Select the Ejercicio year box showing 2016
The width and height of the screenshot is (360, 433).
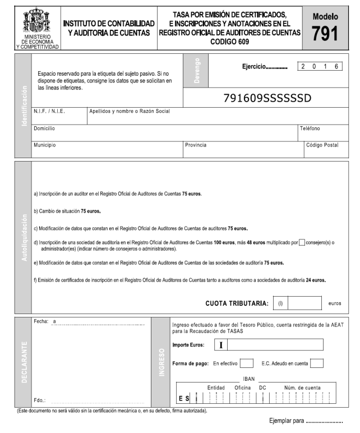pyautogui.click(x=320, y=66)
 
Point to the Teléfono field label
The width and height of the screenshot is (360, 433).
pyautogui.click(x=310, y=128)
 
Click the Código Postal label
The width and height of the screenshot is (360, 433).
pyautogui.click(x=322, y=145)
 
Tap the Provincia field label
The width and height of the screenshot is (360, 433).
pyautogui.click(x=196, y=145)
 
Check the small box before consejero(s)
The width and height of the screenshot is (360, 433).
pyautogui.click(x=302, y=242)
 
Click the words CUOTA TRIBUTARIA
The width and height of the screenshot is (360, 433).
pyautogui.click(x=237, y=303)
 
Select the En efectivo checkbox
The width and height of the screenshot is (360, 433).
pyautogui.click(x=247, y=363)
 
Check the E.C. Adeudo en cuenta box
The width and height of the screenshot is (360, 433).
pyautogui.click(x=316, y=363)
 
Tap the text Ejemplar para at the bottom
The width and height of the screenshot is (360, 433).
pyautogui.click(x=287, y=421)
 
